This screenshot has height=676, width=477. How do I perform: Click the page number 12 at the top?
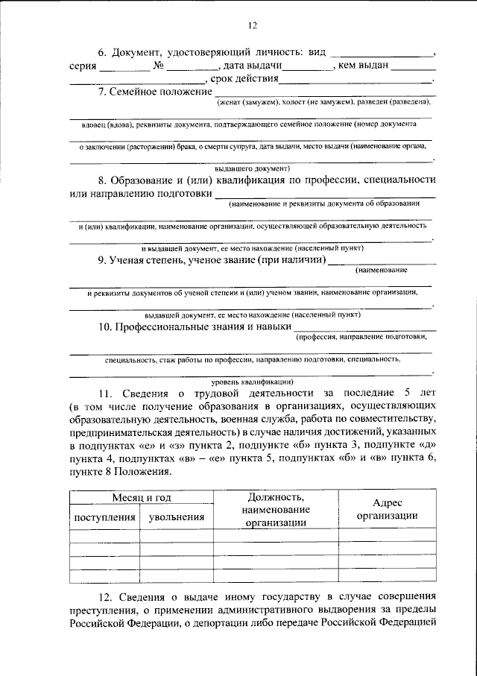click(252, 27)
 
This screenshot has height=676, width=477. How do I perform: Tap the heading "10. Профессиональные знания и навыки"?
click(195, 326)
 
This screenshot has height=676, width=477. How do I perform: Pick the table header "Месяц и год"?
click(141, 497)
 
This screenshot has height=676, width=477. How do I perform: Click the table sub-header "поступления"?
click(104, 517)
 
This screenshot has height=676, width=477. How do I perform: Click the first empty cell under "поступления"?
click(104, 535)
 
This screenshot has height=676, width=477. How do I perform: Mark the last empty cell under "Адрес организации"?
click(386, 575)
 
